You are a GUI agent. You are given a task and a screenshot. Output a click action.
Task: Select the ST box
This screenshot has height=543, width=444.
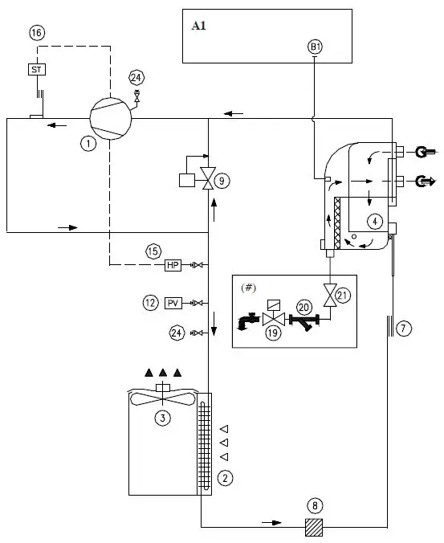click(x=37, y=70)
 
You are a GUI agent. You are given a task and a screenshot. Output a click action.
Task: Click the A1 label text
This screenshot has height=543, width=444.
click(x=199, y=25)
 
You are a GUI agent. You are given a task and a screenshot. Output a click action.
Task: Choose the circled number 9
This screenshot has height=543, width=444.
click(x=222, y=182)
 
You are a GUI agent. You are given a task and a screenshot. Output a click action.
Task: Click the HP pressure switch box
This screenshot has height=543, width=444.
click(x=173, y=265)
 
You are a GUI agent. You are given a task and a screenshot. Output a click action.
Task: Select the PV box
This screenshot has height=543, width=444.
click(x=173, y=303)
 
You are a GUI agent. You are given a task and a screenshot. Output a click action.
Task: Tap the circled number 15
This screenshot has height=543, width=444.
click(x=153, y=251)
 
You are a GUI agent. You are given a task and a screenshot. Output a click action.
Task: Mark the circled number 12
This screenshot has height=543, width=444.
click(x=150, y=303)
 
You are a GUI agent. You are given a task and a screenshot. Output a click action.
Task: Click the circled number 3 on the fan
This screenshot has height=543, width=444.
click(x=163, y=417)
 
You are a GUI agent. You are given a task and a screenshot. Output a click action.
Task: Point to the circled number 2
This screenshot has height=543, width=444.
click(x=226, y=478)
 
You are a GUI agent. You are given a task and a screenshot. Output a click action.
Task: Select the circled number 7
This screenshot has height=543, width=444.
click(x=405, y=328)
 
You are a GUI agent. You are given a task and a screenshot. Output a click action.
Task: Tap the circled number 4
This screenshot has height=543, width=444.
click(x=373, y=220)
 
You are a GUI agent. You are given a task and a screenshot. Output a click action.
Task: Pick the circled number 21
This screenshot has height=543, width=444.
click(x=344, y=296)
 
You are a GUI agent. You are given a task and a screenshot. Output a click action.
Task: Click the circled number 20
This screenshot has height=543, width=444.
click(x=303, y=307)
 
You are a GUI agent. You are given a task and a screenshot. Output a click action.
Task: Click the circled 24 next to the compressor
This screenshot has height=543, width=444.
click(x=136, y=78)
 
